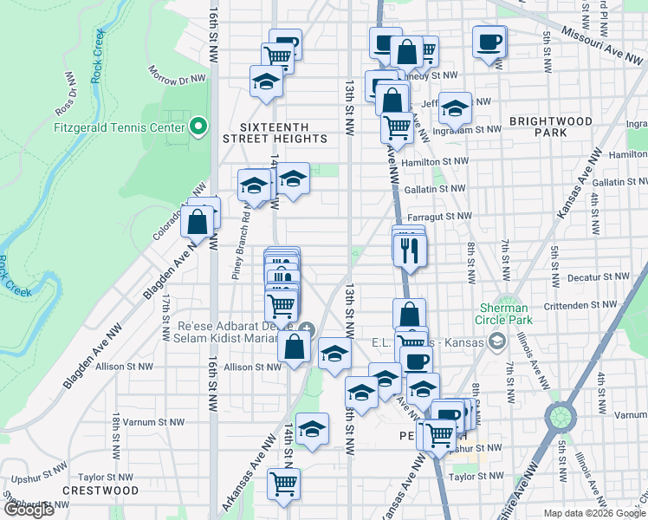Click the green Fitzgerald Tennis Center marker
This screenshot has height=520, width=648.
point(198,127)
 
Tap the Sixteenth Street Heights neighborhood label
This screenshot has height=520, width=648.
point(275,132)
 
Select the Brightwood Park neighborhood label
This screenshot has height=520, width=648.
point(550,127)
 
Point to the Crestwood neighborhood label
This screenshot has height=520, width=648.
point(100,491)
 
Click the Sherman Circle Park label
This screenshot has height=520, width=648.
point(504,314)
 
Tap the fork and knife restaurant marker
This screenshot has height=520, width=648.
point(408,251)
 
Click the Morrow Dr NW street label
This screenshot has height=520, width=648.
point(177,76)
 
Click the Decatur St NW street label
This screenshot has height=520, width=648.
point(597,276)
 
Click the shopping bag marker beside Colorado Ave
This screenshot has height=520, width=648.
point(198,221)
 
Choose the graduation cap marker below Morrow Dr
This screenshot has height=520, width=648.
point(267,82)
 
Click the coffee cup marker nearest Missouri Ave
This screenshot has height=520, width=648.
point(489,42)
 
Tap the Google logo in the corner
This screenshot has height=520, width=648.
point(29,510)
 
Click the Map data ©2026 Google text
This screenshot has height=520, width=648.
point(594,513)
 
